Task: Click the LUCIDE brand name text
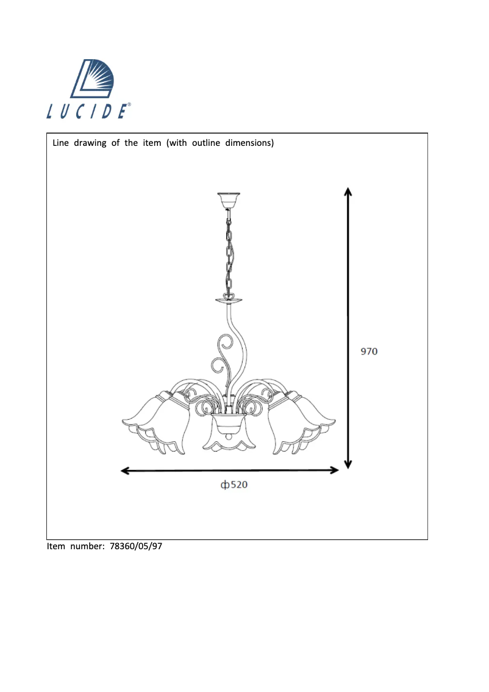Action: [x=88, y=111]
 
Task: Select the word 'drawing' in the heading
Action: [x=90, y=143]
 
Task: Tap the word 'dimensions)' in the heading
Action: [x=249, y=143]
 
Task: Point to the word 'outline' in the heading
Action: [x=206, y=143]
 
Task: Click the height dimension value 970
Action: [x=369, y=351]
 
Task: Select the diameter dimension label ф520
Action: [x=234, y=485]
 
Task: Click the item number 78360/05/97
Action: [x=136, y=546]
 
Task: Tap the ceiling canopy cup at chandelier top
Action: [x=229, y=200]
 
